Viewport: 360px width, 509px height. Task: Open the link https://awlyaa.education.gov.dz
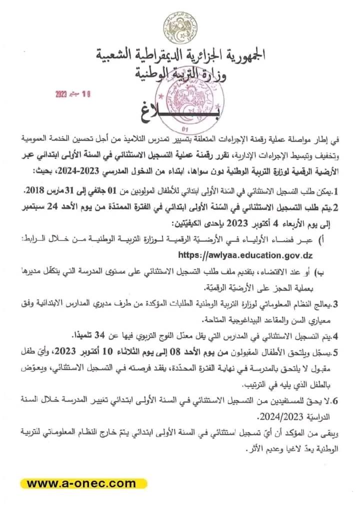click(244, 255)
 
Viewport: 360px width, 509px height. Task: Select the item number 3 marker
click(336, 303)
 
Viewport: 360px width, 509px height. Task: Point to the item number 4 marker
click(336, 336)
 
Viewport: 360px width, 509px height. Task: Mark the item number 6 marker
click(336, 401)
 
